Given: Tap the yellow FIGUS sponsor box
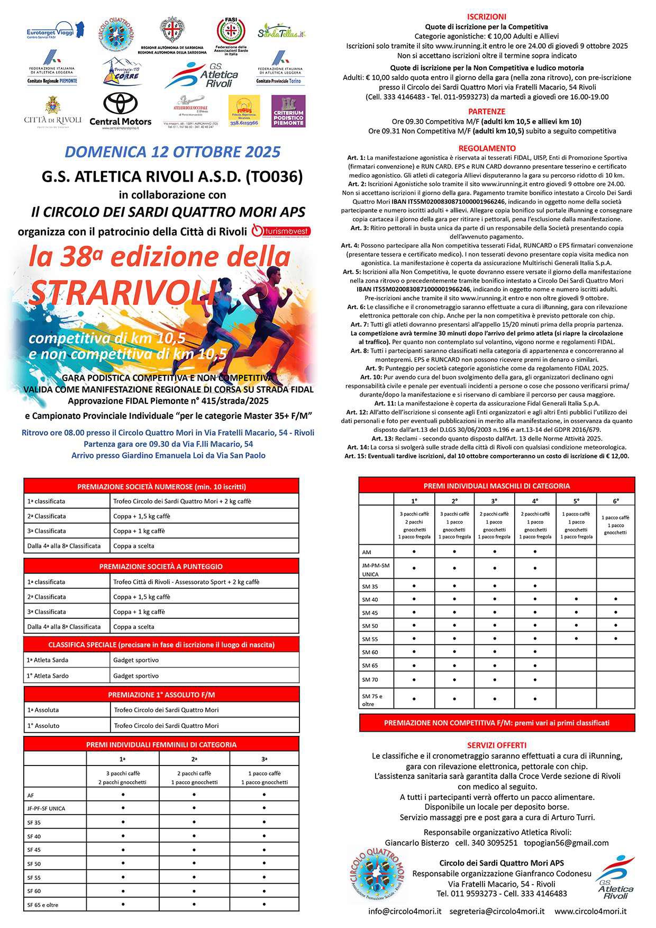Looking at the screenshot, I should [x=244, y=111].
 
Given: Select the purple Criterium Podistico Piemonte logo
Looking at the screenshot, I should [x=288, y=111].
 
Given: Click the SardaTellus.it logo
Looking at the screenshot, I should [x=282, y=33].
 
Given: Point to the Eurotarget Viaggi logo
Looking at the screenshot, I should [x=55, y=32].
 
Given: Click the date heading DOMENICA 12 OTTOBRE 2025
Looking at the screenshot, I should [x=172, y=152].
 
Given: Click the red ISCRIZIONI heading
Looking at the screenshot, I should [x=487, y=17].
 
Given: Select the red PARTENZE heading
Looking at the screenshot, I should [x=487, y=112].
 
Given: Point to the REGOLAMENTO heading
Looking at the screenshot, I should [x=487, y=148].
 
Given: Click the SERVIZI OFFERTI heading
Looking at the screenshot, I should [x=496, y=745].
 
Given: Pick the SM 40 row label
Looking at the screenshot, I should [x=370, y=600].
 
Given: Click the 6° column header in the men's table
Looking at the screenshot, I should [x=616, y=500].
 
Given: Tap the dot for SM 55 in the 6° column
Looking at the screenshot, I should [x=616, y=639].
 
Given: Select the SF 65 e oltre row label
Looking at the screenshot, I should [x=43, y=905].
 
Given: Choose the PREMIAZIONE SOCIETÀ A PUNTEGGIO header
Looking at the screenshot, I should [x=161, y=566].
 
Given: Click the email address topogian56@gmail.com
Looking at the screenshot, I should [x=566, y=843].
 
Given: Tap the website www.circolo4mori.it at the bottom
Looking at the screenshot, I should [x=590, y=911].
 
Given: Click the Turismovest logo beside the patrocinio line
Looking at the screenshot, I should [x=280, y=231].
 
